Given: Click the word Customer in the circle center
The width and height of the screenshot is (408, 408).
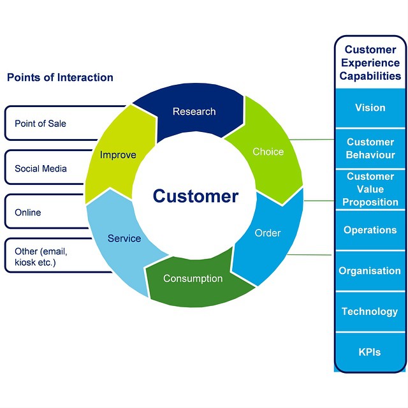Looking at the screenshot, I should (195, 196).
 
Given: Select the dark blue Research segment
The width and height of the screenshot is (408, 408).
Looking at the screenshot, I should (194, 112).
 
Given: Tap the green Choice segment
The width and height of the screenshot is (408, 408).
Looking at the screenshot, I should (268, 152).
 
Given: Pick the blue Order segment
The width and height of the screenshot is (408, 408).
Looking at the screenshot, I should (268, 233).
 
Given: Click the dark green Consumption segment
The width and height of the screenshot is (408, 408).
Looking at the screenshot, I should (193, 279).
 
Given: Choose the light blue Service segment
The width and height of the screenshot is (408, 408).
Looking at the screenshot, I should (124, 238).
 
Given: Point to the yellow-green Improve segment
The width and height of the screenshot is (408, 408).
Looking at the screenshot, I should (118, 155).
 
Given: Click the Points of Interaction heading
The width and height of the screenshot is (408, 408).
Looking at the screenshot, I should (60, 78).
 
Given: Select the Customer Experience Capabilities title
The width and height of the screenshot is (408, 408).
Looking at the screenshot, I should (370, 62).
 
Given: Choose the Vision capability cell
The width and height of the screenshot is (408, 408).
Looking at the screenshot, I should (370, 108).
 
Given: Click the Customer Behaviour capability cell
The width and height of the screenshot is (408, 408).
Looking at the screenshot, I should (370, 149).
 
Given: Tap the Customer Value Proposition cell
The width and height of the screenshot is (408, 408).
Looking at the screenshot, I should (370, 189).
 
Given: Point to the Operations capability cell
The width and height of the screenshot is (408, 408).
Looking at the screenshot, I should (370, 230).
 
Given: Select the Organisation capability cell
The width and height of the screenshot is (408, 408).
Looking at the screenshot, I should (370, 271).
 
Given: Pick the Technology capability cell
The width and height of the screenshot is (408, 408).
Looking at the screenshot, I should (370, 312).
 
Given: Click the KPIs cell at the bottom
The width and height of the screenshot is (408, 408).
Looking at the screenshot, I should (370, 352).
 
